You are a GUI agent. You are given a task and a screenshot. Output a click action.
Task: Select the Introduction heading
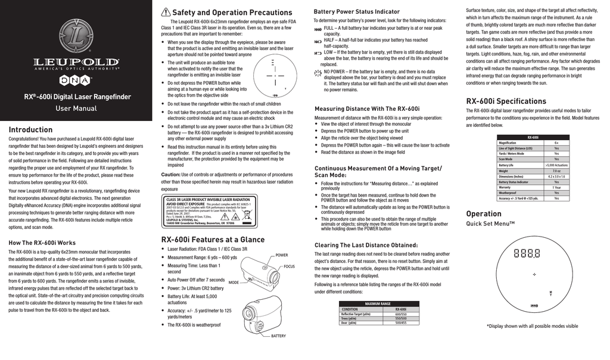[30, 130]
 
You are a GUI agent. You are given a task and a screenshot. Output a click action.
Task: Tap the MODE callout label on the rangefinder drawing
[234, 282]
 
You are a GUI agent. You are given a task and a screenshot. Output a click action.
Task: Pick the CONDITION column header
[350, 309]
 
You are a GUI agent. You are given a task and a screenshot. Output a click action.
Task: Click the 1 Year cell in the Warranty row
[556, 187]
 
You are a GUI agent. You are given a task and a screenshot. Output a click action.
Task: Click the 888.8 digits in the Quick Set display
[527, 253]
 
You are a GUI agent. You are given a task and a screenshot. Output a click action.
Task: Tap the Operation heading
[483, 214]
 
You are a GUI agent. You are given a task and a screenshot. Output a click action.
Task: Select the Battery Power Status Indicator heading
[357, 11]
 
